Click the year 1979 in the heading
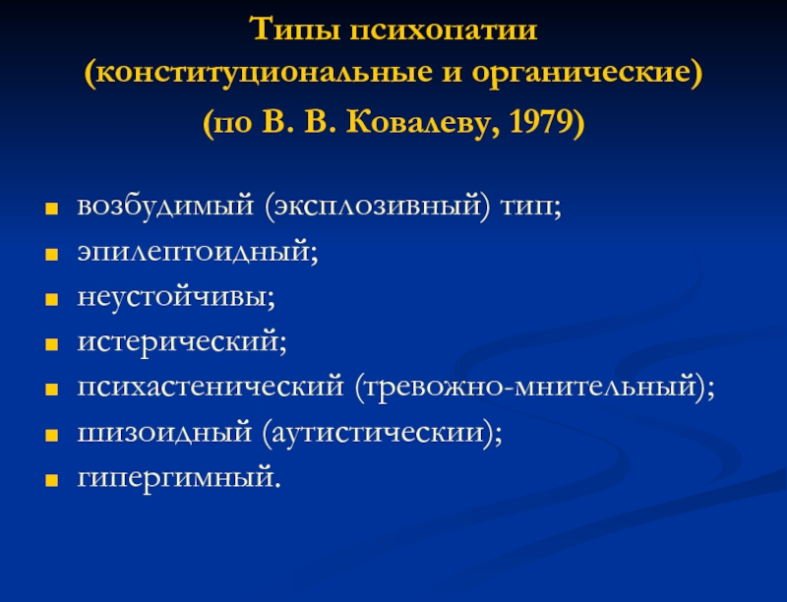coord(540,121)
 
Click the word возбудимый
coord(165,207)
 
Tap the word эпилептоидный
coord(193,252)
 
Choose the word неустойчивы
coord(171,296)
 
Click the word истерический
coord(178,341)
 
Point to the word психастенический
coord(211,387)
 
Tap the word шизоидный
coord(164,432)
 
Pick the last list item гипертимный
coord(175,478)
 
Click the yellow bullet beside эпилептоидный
coord(52,255)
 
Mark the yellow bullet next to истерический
coord(52,345)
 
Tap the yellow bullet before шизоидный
coord(52,436)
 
